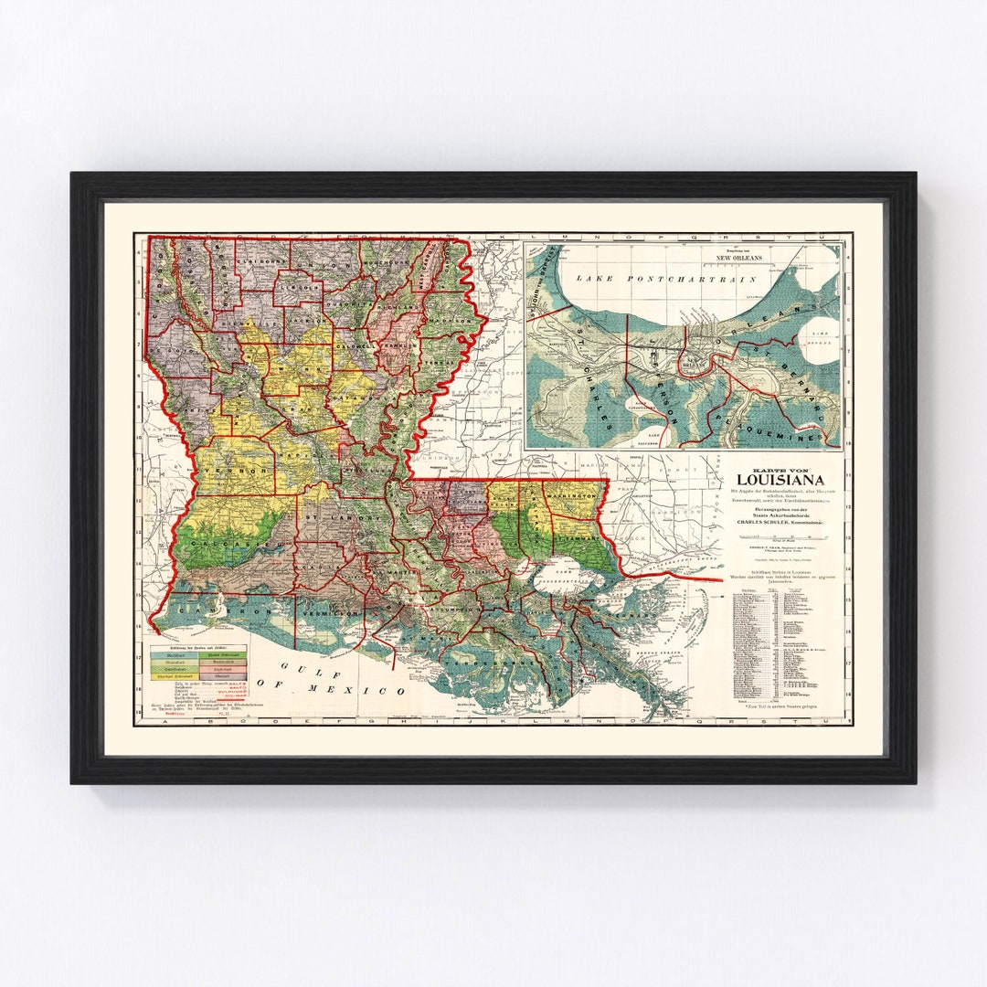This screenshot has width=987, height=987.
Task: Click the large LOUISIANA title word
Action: click(780, 481)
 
